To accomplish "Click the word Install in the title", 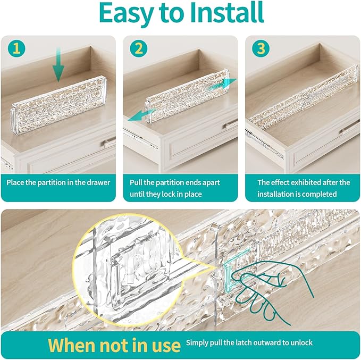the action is pyautogui.click(x=226, y=13).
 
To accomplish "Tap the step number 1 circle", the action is pyautogui.click(x=16, y=49).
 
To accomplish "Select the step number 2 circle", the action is pyautogui.click(x=139, y=49).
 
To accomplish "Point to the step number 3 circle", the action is pyautogui.click(x=261, y=49).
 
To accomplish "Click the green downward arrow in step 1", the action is pyautogui.click(x=58, y=64).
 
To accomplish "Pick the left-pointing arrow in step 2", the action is pyautogui.click(x=141, y=115).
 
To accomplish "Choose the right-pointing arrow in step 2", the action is pyautogui.click(x=222, y=84).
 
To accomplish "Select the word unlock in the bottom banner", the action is pyautogui.click(x=300, y=342).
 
